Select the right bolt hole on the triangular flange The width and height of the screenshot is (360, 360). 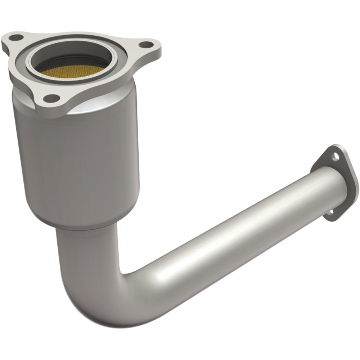(x=145, y=45)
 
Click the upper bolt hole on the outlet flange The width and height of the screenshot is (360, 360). (x=336, y=156)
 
